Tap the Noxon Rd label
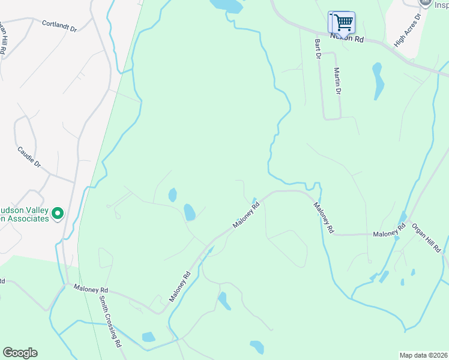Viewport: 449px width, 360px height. (x=347, y=38)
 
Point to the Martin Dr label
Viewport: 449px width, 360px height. (x=337, y=82)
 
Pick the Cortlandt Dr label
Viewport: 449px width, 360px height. (x=59, y=26)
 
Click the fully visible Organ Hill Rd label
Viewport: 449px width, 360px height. (x=426, y=237)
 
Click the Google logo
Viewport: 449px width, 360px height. (x=20, y=353)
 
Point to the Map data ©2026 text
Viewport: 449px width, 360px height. (x=423, y=355)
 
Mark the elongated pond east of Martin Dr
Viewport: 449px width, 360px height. (x=378, y=81)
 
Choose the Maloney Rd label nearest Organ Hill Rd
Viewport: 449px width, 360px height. (x=388, y=233)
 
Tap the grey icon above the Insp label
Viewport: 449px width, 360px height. (x=426, y=2)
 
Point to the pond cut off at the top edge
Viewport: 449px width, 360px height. (x=228, y=5)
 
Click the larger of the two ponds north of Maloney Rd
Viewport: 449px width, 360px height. (x=190, y=212)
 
